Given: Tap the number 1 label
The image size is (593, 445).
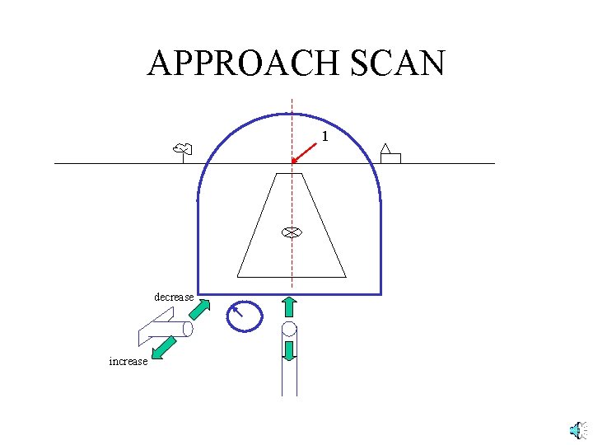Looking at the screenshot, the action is (325, 136).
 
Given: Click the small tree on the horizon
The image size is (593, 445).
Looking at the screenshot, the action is (183, 150).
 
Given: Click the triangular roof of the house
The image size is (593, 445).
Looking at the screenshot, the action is (385, 148).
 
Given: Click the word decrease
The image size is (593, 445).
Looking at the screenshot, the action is (174, 297).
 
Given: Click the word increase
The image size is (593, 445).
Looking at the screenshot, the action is (128, 361).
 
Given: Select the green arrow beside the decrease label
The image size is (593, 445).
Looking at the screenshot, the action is (199, 309).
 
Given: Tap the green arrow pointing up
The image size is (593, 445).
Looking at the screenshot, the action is (289, 307).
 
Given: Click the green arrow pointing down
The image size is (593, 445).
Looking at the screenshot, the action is (289, 350).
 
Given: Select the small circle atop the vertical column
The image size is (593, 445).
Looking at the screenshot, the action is (289, 330).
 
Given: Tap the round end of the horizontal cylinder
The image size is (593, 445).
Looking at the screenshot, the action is (188, 330).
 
